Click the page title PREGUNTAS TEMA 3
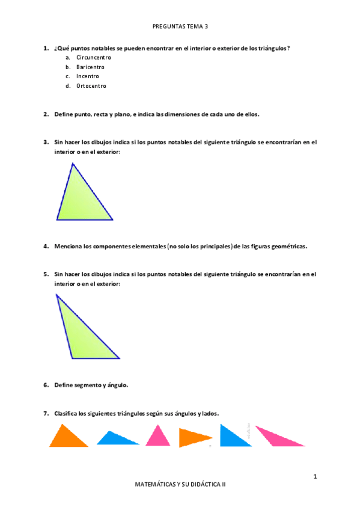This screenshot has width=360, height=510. click(180, 26)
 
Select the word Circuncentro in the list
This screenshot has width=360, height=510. click(94, 57)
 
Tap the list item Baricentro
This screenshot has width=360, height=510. click(91, 67)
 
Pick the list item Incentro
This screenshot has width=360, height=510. click(88, 76)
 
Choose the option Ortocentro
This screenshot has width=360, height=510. click(91, 86)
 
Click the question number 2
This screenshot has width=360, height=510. click(46, 114)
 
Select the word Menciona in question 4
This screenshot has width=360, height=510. click(68, 246)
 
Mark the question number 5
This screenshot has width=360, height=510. click(46, 274)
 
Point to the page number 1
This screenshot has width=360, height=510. click(315, 477)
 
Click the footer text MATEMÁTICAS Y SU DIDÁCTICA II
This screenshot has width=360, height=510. click(180, 484)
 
